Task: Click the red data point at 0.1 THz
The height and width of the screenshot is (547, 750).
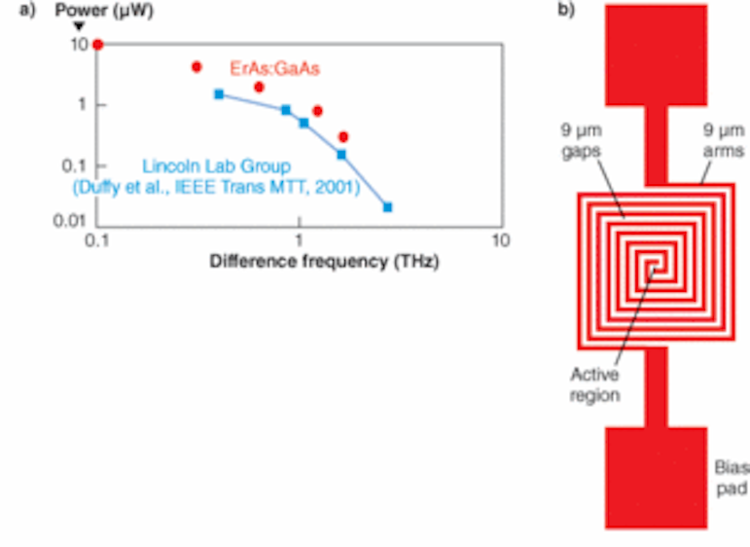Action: point(97,45)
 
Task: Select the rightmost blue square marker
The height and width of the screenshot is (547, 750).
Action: point(388,207)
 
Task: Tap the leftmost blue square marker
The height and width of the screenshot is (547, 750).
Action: point(219,94)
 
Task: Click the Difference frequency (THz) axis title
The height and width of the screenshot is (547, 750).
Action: point(298,261)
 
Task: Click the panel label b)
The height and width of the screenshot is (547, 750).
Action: point(566,12)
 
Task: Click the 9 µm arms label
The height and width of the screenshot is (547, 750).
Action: point(724,141)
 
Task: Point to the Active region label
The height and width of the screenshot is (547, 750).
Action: point(595,384)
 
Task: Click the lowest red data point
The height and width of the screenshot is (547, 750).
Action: point(342,137)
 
